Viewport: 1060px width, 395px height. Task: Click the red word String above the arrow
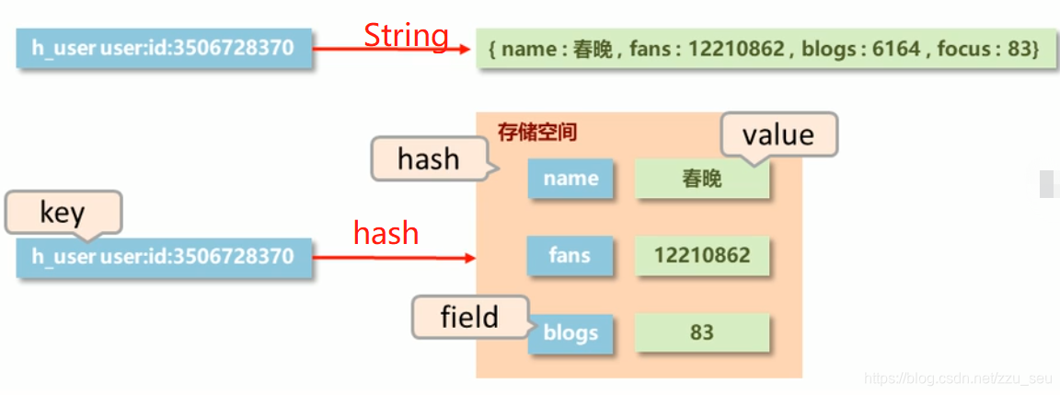(406, 35)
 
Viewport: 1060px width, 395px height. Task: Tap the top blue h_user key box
(164, 49)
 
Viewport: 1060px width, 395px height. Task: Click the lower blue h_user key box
(164, 256)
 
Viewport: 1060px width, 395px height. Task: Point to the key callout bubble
(63, 213)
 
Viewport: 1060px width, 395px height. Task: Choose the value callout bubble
(778, 134)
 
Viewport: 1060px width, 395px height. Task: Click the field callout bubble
(469, 318)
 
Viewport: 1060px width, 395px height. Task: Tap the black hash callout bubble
(428, 158)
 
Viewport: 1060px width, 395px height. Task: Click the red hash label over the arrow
(386, 233)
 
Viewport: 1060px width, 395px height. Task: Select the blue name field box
(570, 179)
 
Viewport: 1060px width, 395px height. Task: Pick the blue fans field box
(570, 255)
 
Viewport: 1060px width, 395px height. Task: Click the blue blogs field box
(570, 332)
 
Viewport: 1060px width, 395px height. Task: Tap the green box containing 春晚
(702, 179)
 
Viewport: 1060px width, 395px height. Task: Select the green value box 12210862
(702, 255)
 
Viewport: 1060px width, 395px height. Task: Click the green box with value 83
(702, 332)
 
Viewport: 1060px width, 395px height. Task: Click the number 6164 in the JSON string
(896, 49)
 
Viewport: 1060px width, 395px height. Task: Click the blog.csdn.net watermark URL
(959, 378)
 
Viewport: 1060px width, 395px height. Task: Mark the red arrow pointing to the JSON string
(391, 49)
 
